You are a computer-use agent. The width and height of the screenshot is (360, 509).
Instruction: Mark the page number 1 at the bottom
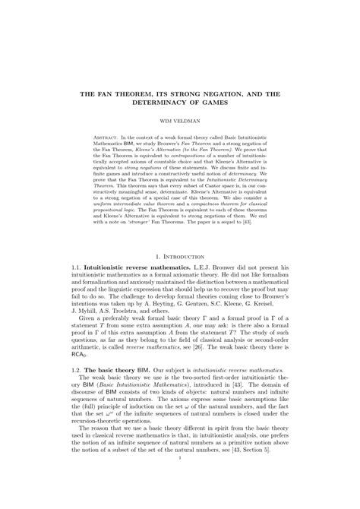point(180,480)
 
